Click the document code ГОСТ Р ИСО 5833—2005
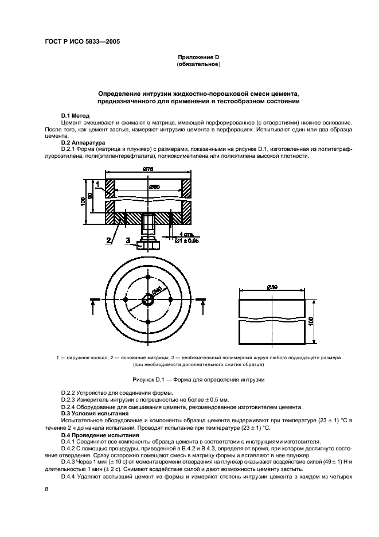[x=81, y=41]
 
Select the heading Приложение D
[x=198, y=58]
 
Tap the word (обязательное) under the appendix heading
[x=198, y=65]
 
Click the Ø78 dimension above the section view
[x=149, y=169]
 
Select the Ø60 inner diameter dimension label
[x=152, y=186]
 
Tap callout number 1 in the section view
[x=98, y=184]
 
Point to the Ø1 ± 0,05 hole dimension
[x=189, y=240]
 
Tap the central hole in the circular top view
[x=148, y=299]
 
